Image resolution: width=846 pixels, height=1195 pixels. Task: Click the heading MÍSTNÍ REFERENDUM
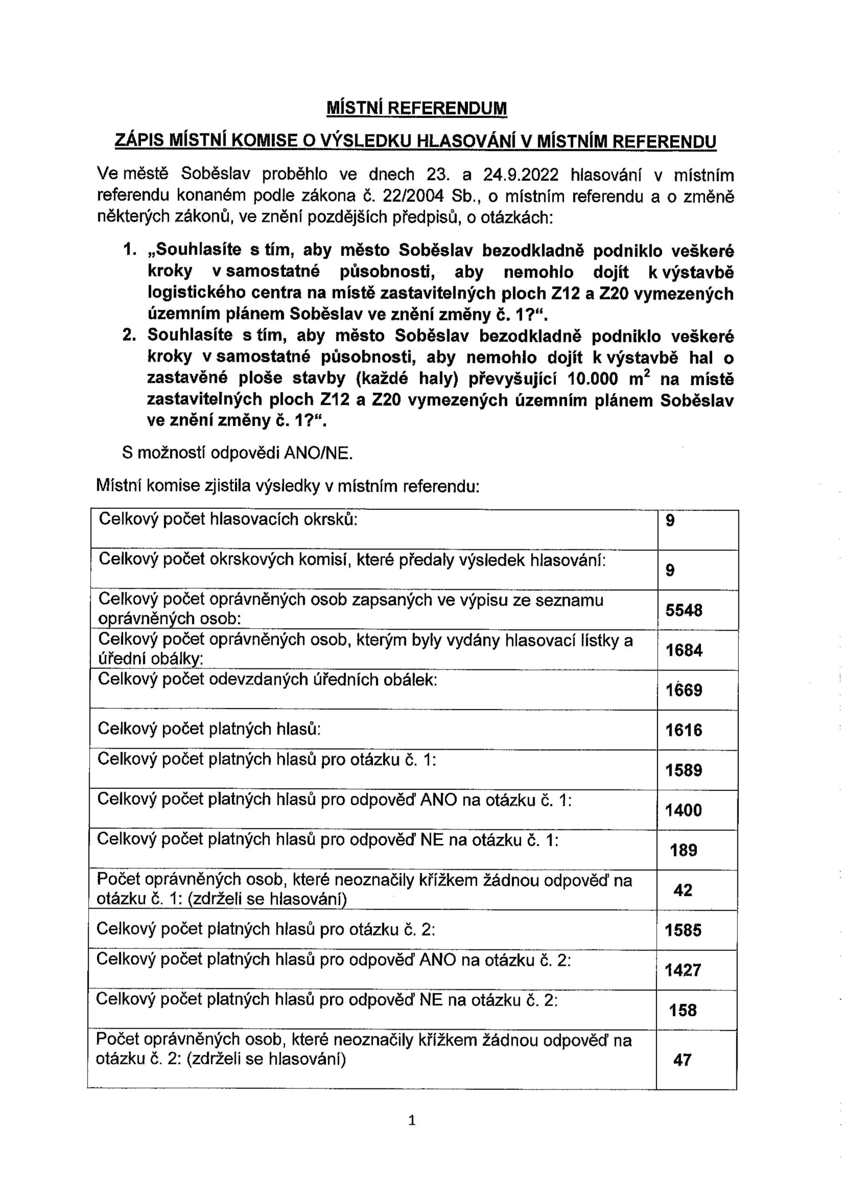416,108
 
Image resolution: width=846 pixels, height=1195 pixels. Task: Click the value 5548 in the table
684,610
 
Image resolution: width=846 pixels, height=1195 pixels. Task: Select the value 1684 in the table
684,650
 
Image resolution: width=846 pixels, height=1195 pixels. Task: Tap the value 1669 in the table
684,690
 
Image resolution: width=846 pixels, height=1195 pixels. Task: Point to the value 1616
684,730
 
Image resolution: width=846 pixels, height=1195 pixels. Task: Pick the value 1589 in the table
684,770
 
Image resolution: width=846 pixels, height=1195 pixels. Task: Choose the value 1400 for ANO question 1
684,810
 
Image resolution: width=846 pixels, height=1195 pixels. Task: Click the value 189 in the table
684,851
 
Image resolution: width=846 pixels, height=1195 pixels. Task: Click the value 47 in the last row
682,1060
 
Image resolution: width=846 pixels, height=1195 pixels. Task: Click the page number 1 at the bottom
412,1120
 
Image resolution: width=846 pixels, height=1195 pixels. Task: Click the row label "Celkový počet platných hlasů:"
209,728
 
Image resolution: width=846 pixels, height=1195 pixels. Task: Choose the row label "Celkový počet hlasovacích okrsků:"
228,519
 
